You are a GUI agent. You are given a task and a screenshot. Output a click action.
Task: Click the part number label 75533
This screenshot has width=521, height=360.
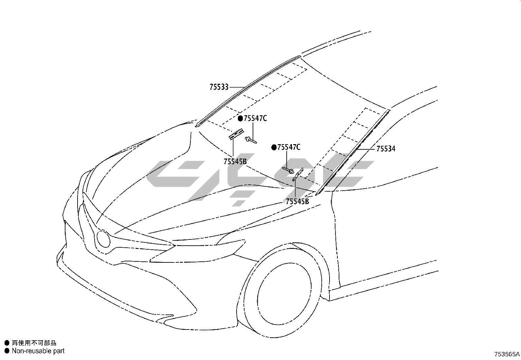click(x=219, y=87)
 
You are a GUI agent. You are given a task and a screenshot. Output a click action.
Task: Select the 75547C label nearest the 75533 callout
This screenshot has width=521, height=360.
click(x=255, y=118)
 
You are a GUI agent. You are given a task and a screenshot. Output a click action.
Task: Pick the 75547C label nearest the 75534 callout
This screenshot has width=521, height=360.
click(x=289, y=147)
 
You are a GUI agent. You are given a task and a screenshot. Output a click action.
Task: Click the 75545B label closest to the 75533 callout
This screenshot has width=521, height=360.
click(x=235, y=161)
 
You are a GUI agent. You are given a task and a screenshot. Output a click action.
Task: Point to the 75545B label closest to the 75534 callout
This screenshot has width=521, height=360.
click(x=297, y=201)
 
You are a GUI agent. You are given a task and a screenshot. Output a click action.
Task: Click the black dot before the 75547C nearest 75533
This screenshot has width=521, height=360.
click(x=240, y=119)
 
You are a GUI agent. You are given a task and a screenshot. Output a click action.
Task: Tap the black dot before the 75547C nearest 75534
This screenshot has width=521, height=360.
click(x=274, y=148)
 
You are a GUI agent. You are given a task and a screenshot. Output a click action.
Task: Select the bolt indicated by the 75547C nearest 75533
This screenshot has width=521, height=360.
click(x=251, y=140)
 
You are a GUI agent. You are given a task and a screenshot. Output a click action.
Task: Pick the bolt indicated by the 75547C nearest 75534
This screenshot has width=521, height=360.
click(x=288, y=170)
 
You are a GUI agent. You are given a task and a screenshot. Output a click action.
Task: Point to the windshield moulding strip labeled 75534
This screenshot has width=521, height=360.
click(x=353, y=151)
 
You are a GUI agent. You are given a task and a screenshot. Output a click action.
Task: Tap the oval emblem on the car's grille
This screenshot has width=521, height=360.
click(x=103, y=238)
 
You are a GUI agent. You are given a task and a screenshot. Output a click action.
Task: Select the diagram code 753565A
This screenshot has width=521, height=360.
click(x=507, y=354)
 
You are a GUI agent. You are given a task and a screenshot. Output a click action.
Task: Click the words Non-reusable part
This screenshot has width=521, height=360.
click(x=38, y=351)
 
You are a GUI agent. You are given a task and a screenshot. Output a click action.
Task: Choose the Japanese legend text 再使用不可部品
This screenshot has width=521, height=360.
click(x=34, y=343)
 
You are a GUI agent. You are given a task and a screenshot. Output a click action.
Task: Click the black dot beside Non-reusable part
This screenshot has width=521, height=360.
click(x=7, y=351)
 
